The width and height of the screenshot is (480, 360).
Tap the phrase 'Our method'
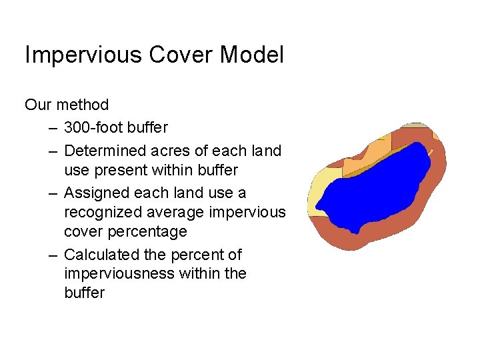coord(67,105)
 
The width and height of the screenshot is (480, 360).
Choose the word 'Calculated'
coord(102,255)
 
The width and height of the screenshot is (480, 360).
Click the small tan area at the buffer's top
coord(417,125)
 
